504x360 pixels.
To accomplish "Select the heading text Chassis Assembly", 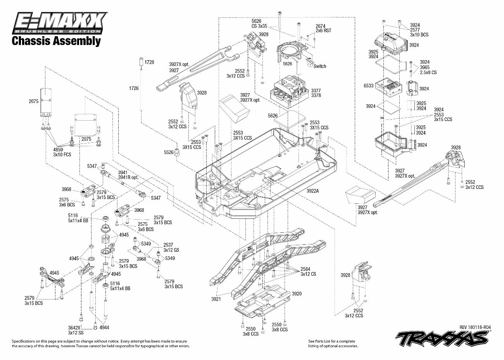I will click(57, 41).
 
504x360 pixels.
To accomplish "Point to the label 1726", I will click(134, 88).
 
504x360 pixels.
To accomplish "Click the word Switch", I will click(320, 66).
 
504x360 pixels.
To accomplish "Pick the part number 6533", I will click(369, 86).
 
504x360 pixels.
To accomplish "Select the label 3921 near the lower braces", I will click(216, 299).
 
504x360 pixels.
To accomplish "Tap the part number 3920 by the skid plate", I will click(297, 294).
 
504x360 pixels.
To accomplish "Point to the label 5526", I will click(169, 152).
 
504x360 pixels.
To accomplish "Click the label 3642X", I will click(74, 327).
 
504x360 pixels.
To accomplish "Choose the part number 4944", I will click(104, 327).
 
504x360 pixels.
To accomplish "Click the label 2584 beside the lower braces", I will click(306, 269).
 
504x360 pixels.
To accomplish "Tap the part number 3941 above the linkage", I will click(123, 173).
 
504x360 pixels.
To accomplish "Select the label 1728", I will click(149, 62).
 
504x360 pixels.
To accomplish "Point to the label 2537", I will click(168, 245).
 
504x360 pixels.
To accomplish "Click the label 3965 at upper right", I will click(425, 67).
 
